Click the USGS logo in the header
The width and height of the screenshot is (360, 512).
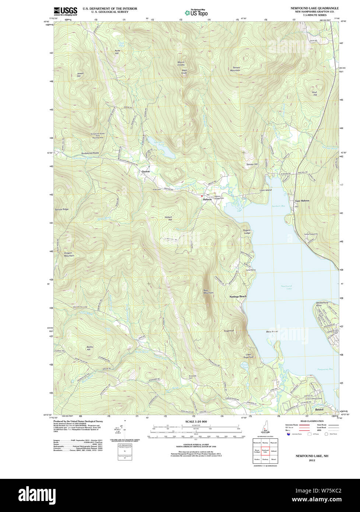[x=66, y=11]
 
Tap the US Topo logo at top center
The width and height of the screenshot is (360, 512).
[x=196, y=13]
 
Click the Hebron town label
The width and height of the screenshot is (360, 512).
[x=207, y=199]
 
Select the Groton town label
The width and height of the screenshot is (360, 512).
[x=146, y=172]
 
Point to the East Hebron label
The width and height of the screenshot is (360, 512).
[x=302, y=201]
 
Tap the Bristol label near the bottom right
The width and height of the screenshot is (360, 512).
[x=319, y=409]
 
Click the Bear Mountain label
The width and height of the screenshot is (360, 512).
[x=208, y=291]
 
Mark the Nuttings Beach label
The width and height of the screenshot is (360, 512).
[x=238, y=297]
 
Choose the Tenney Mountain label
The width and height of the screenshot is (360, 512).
[x=236, y=69]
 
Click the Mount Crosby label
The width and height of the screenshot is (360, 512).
[x=181, y=63]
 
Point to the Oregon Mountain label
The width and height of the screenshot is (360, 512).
[x=69, y=254]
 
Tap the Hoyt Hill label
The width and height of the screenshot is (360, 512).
[x=315, y=94]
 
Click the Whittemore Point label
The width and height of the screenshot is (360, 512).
[x=322, y=304]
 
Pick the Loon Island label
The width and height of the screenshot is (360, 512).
[x=265, y=190]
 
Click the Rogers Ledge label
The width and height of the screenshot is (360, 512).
[x=247, y=232]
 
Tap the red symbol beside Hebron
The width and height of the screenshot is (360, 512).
[x=202, y=196]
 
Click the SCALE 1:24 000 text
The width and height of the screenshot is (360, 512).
[x=196, y=421]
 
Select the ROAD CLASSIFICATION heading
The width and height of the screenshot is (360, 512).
[x=312, y=421]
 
